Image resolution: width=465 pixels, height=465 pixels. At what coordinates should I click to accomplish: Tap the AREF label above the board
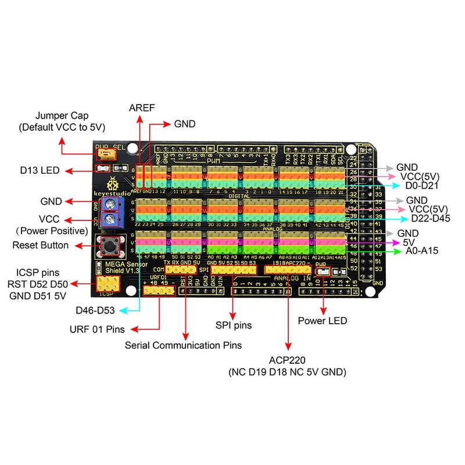point(139,108)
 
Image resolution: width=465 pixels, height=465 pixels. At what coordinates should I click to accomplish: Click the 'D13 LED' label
point(39,170)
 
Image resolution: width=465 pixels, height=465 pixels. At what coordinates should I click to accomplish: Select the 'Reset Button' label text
point(40,245)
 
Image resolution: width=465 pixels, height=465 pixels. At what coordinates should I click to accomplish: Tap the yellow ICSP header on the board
point(109,284)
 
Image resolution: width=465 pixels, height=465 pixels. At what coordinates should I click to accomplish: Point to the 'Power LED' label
point(322,320)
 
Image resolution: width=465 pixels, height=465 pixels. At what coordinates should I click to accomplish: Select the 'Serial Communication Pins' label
point(183,345)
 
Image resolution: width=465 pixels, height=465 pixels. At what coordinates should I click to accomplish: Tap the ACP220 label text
point(287,360)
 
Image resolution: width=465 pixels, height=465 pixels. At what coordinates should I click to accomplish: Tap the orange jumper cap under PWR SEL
point(106,154)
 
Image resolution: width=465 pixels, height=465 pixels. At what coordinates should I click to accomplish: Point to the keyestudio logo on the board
point(109,186)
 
